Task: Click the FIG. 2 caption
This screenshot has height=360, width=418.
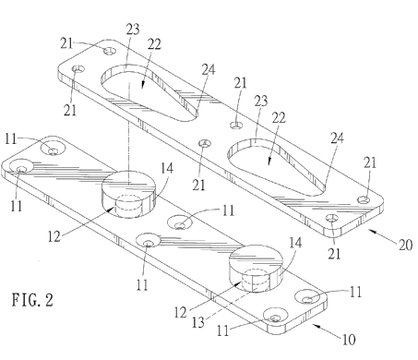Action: pyautogui.click(x=32, y=300)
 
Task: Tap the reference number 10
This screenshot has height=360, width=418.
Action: pyautogui.click(x=349, y=340)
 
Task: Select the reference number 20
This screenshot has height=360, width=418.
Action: pyautogui.click(x=405, y=245)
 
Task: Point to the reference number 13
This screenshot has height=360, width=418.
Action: pyautogui.click(x=197, y=322)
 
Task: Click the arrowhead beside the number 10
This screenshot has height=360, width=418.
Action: pyautogui.click(x=316, y=326)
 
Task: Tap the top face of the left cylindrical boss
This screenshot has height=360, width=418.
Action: pyautogui.click(x=128, y=184)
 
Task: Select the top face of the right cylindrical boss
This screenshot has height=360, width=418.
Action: pyautogui.click(x=256, y=257)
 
